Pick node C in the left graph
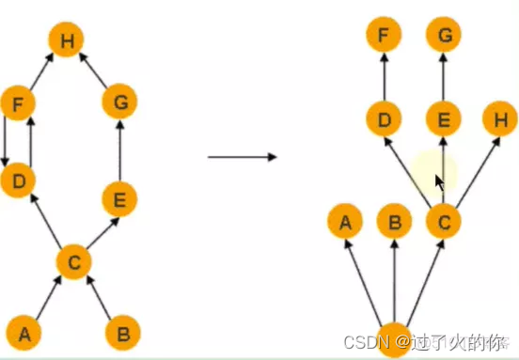click(72, 261)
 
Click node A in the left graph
click(24, 332)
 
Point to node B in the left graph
click(121, 332)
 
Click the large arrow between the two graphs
click(242, 156)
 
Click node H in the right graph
click(498, 120)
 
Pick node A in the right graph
click(345, 223)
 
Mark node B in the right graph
click(394, 223)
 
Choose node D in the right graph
click(384, 120)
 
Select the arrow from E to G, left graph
click(119, 150)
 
